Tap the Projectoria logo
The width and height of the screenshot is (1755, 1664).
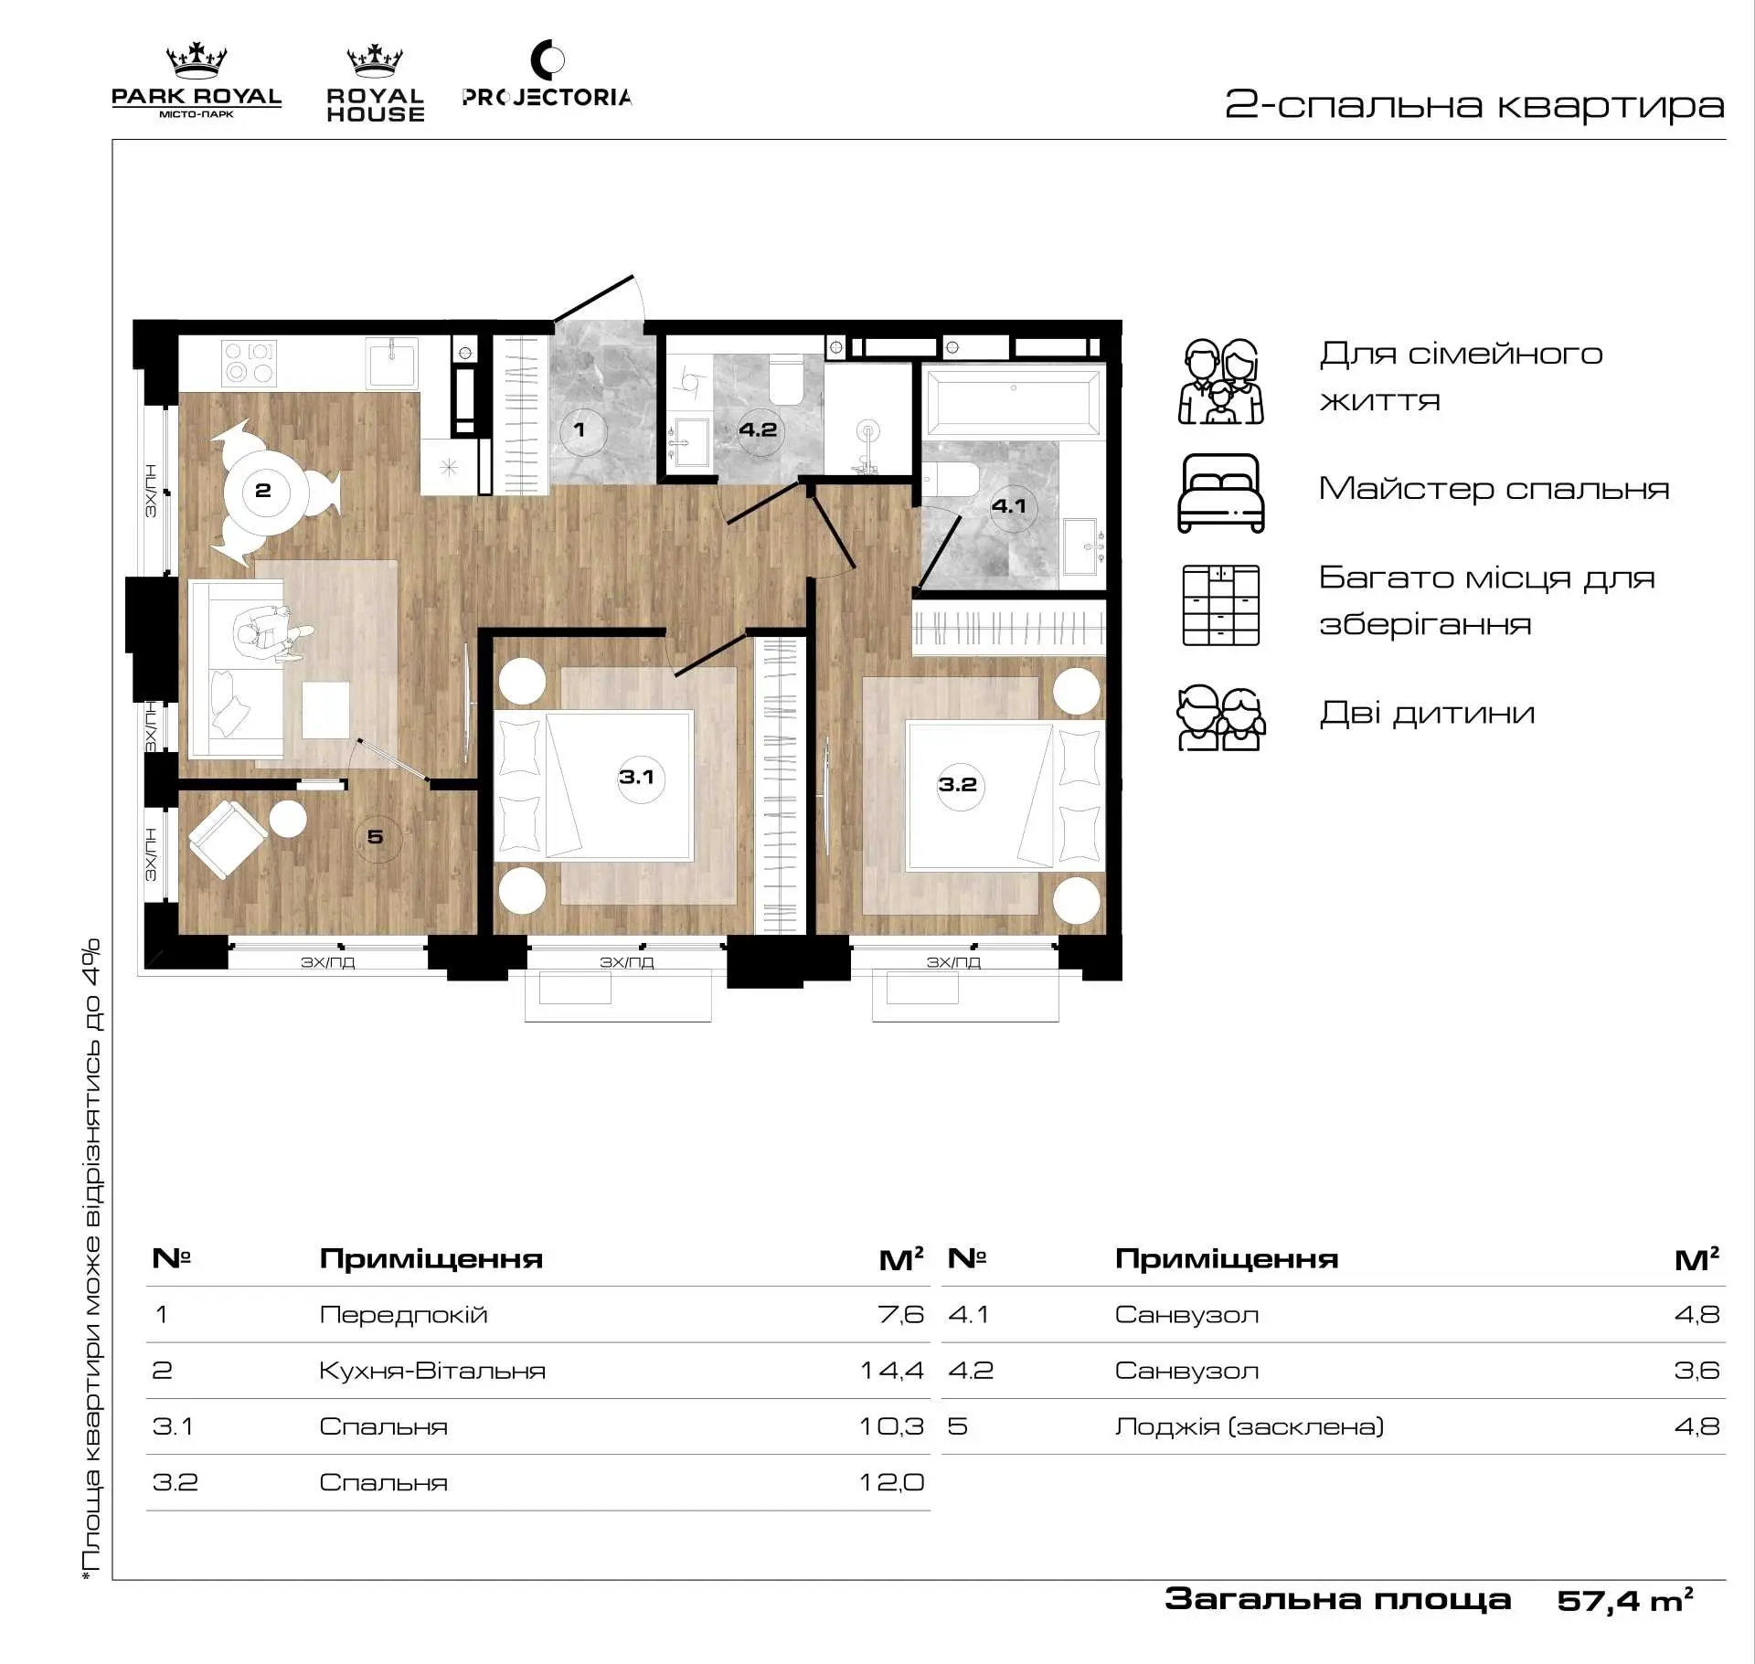547,75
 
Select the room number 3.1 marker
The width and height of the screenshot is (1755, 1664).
640,779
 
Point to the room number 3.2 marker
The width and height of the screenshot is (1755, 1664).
960,786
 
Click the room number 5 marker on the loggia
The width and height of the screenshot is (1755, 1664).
377,838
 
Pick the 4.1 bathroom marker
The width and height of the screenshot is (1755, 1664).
1012,507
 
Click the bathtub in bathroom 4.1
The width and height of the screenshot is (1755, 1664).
1014,400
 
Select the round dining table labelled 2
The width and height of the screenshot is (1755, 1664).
265,492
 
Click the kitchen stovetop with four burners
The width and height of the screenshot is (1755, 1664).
250,362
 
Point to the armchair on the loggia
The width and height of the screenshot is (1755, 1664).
227,838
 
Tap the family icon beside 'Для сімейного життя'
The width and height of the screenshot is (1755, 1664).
1221,381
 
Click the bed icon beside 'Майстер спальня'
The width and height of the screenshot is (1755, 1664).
1221,493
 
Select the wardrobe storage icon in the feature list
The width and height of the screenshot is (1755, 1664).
1221,605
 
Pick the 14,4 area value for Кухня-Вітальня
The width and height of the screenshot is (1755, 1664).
892,1371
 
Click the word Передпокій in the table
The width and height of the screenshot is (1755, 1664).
403,1315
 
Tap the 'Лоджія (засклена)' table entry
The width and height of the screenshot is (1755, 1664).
1250,1426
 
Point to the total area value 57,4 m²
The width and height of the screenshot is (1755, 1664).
1625,1600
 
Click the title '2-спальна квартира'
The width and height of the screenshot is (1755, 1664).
1474,105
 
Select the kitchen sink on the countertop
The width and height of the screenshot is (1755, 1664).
392,362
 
